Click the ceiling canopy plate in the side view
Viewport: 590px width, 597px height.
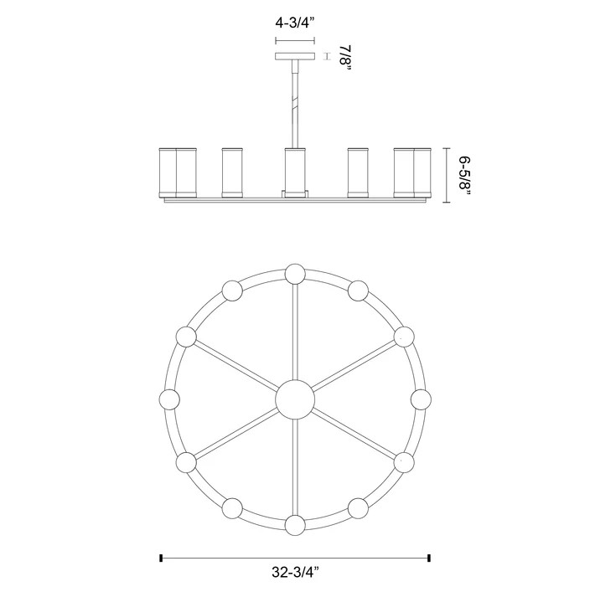click(x=294, y=57)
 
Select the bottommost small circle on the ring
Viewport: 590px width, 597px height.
click(x=294, y=525)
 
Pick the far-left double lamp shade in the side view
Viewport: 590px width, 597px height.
click(x=177, y=172)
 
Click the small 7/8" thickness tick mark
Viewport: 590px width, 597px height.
click(x=326, y=57)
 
